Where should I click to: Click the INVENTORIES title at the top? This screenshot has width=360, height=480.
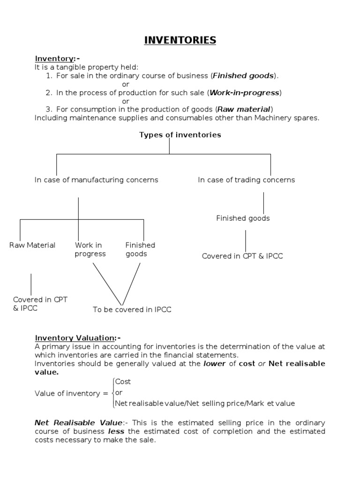(180, 40)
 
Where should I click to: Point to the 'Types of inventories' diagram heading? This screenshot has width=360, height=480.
(180, 135)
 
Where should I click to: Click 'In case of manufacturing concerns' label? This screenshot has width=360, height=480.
(96, 180)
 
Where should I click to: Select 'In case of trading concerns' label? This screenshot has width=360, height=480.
(247, 180)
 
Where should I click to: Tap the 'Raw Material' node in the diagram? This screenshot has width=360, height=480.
(32, 245)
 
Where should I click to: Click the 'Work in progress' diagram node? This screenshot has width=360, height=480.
(90, 249)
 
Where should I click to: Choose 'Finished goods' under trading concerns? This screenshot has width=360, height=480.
(243, 218)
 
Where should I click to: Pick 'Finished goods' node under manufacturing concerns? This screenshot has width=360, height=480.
(140, 249)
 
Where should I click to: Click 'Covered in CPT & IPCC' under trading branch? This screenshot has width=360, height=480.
(242, 256)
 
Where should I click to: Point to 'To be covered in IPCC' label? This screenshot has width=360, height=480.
(132, 310)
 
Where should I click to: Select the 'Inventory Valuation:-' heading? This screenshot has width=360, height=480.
(78, 338)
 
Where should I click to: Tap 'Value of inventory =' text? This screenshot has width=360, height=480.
(71, 393)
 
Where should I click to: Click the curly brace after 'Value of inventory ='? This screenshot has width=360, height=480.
(112, 393)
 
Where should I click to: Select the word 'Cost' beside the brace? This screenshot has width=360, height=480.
(123, 382)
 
